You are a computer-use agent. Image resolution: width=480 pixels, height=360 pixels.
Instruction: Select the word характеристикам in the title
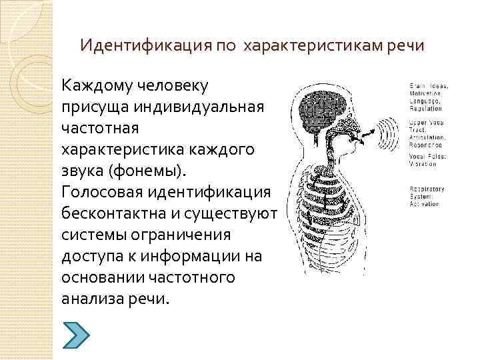312,46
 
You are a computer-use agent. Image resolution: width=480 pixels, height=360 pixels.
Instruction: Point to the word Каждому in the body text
95,86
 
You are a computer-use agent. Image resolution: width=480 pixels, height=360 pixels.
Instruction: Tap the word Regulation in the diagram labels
426,107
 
